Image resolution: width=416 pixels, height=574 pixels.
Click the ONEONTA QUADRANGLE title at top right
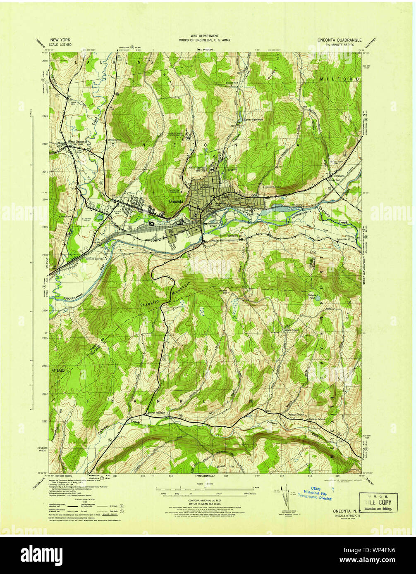[x=339, y=40]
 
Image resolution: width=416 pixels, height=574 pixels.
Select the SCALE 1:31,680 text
[x=60, y=44]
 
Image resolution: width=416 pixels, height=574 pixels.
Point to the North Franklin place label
[x=157, y=413]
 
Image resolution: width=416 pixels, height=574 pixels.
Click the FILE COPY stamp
[x=378, y=503]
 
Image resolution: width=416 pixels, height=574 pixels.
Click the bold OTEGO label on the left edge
[x=58, y=370]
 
